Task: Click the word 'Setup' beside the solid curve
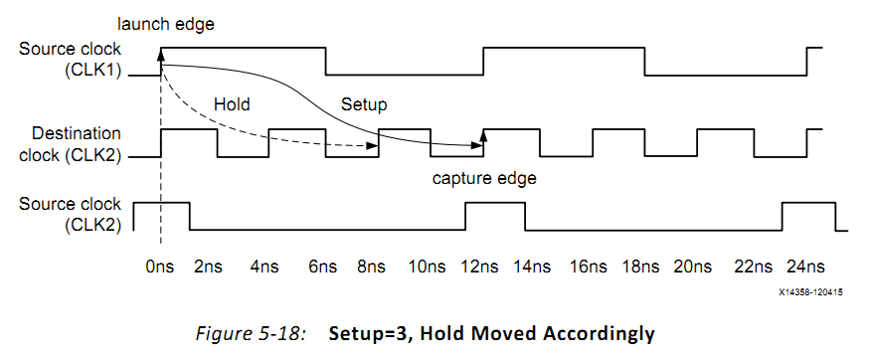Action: tap(363, 104)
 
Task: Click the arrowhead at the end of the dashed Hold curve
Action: tap(375, 146)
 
